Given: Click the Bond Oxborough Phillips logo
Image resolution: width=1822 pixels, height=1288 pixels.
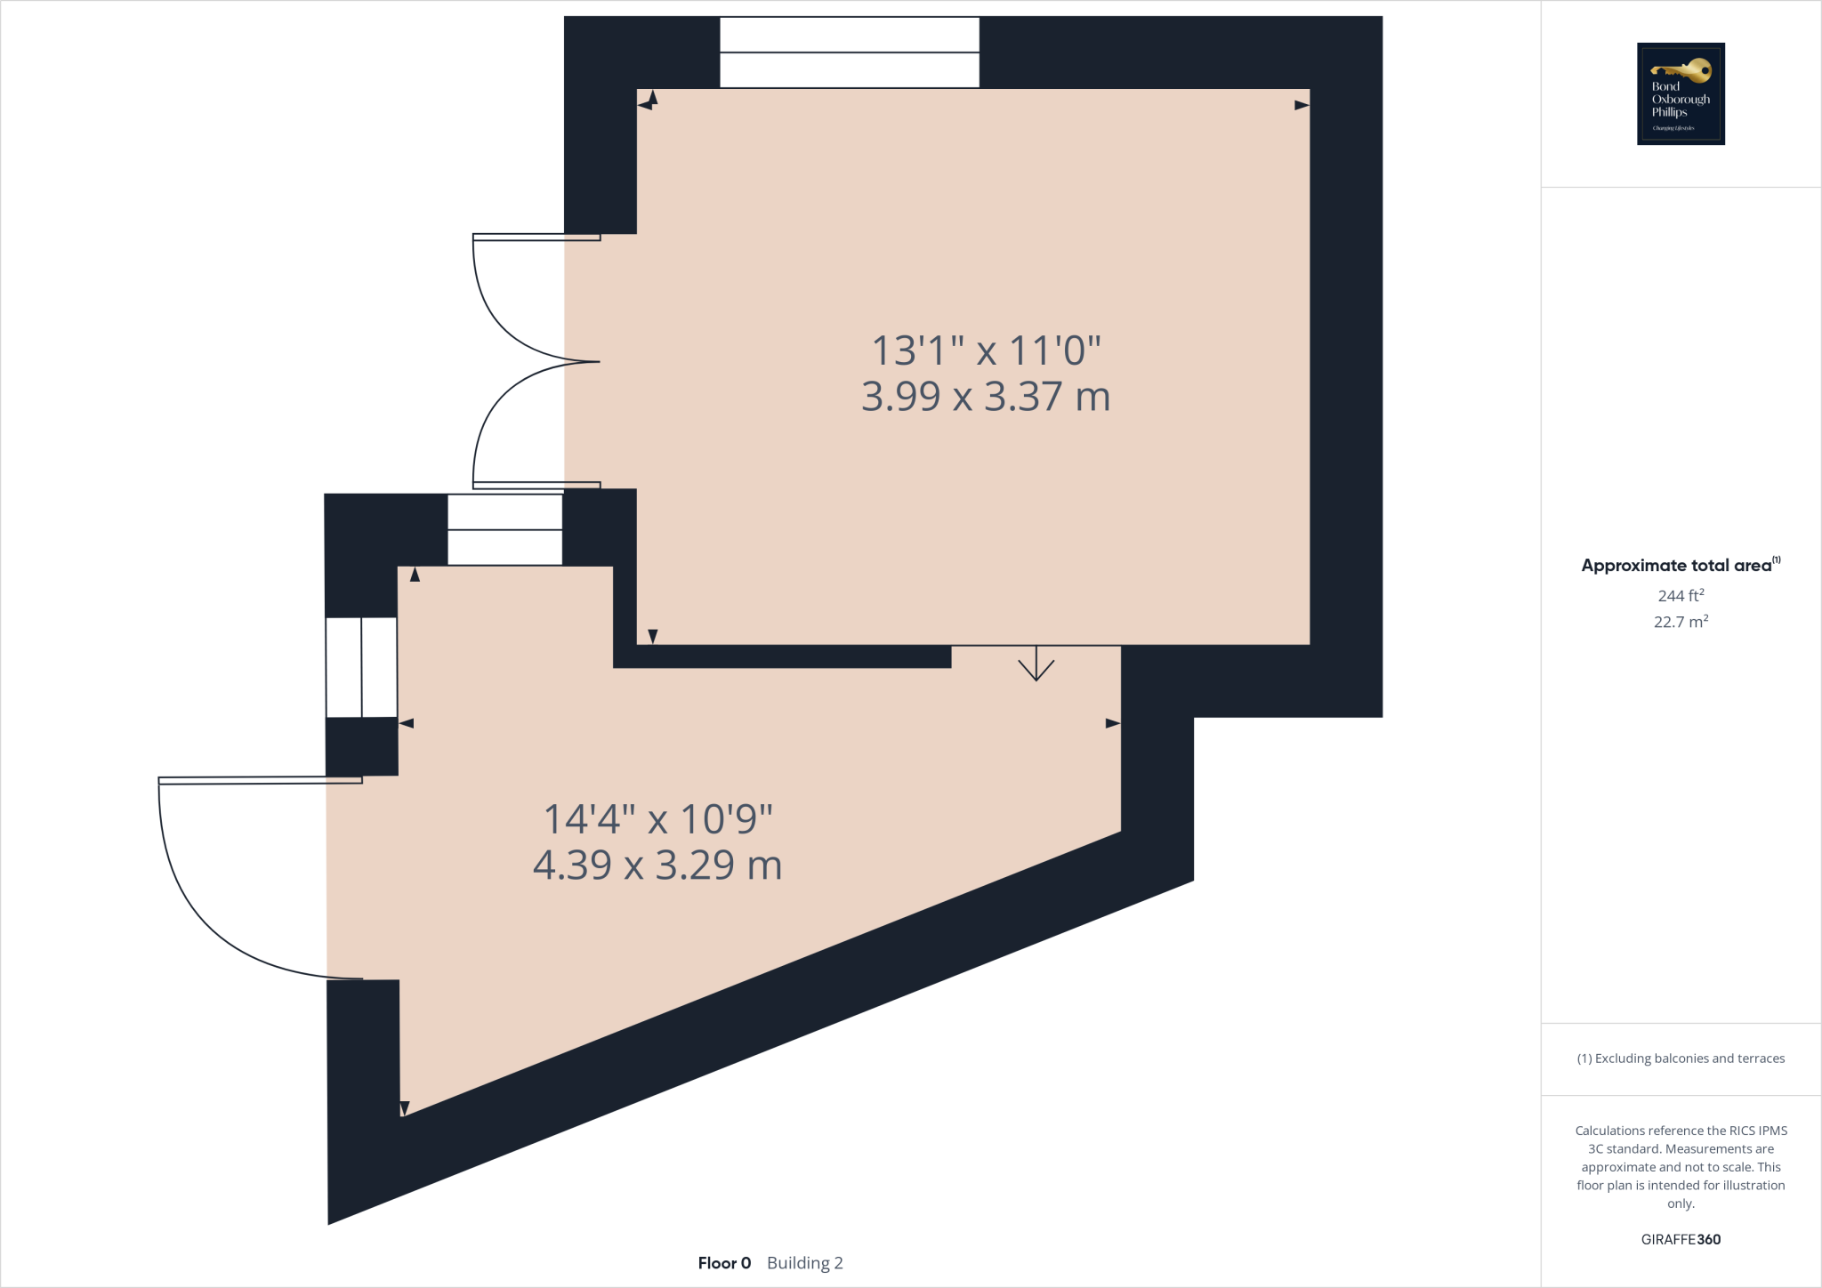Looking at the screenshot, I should click(1681, 93).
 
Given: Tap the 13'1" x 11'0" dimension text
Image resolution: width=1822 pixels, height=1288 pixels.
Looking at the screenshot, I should click(986, 350).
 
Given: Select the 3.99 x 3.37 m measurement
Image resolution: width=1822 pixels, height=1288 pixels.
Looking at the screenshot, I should click(986, 397).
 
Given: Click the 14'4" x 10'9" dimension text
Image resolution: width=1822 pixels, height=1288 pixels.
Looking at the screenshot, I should click(657, 819).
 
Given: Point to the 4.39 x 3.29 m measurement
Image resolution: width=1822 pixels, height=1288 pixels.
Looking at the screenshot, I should click(657, 865).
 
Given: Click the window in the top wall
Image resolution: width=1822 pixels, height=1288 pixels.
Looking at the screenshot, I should click(849, 52).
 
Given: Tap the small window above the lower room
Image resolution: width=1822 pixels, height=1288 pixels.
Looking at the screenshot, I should click(504, 530).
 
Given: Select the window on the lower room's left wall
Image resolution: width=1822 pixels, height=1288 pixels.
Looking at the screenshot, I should click(361, 666).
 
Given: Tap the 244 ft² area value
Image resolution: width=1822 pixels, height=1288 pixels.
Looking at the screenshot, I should click(1681, 595).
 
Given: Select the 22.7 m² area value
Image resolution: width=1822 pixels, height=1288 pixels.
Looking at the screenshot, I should click(1681, 622).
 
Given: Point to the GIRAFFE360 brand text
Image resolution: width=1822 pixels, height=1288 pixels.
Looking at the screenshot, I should click(1681, 1239).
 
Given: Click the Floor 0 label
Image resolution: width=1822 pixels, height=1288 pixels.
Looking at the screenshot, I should click(724, 1263).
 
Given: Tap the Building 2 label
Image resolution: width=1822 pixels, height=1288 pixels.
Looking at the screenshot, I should click(804, 1263).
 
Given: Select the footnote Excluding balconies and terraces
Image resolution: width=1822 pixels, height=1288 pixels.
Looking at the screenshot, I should click(1681, 1059).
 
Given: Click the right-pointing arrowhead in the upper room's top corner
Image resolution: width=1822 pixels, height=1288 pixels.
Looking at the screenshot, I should click(1302, 105).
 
